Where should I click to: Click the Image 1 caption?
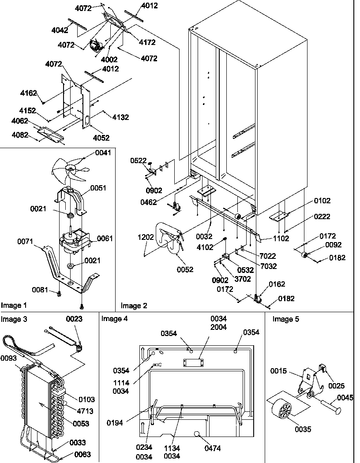click(14, 305)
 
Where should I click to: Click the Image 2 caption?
click(134, 305)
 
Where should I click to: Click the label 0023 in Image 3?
click(74, 318)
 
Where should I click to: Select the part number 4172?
click(147, 42)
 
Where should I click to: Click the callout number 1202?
click(145, 237)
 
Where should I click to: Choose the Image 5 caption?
click(285, 319)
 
